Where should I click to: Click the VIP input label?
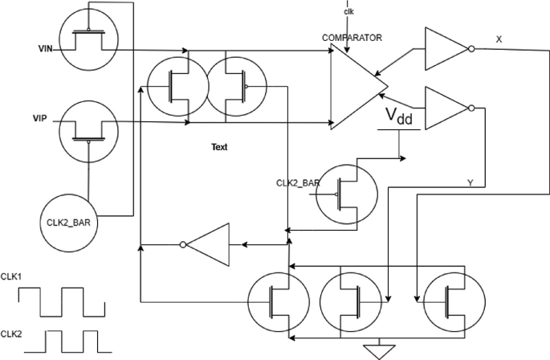(41, 117)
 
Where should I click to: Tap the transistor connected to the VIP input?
(88, 129)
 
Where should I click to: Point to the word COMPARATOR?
(351, 37)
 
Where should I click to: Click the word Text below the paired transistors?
(219, 148)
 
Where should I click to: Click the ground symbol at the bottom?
(374, 350)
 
